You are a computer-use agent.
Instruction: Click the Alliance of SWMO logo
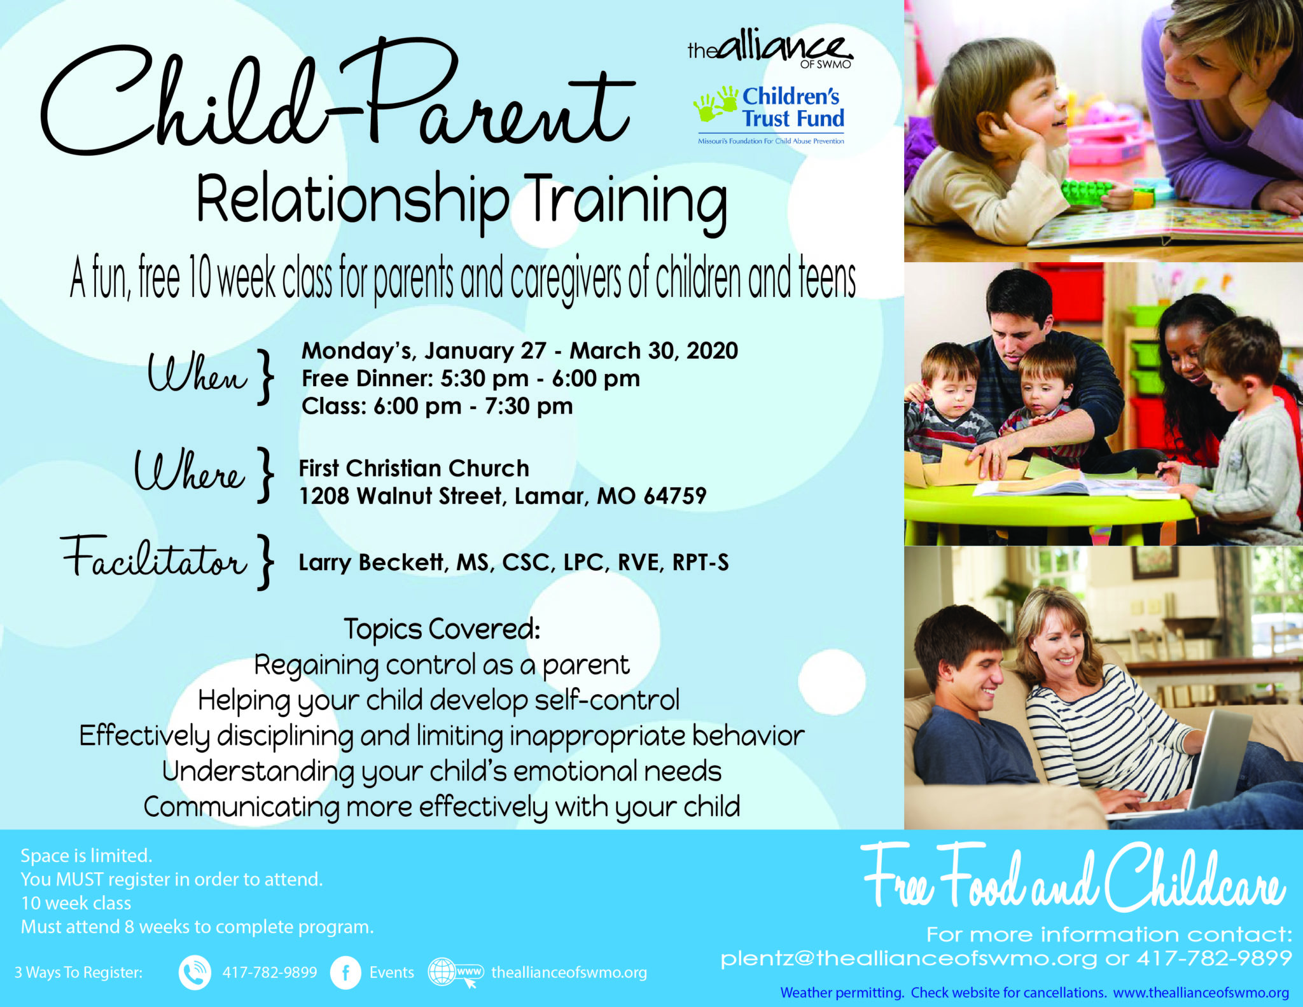pos(770,48)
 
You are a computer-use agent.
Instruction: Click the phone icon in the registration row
pos(195,973)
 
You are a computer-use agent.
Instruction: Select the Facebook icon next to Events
pos(345,973)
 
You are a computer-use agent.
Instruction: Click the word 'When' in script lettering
pos(197,372)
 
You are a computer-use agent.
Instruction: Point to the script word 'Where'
pos(189,471)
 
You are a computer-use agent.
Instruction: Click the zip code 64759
pos(675,496)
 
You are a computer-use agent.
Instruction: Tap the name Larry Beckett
pos(373,563)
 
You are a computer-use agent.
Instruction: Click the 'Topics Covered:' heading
pos(442,630)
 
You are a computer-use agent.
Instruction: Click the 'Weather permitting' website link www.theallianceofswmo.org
pos(1201,992)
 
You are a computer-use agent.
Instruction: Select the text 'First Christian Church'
pos(414,468)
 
